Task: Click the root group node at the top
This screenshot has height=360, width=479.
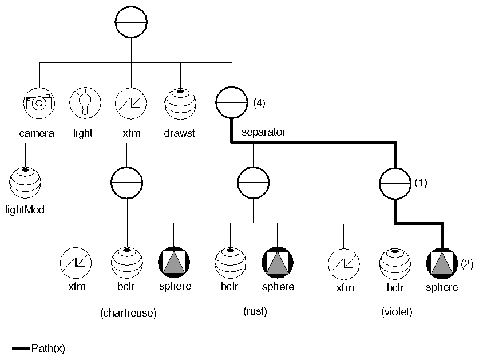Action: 131,22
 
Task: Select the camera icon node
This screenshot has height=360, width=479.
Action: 39,103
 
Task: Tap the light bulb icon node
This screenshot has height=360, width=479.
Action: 85,103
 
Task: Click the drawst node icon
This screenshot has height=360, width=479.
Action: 181,103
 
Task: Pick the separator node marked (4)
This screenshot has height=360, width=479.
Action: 231,103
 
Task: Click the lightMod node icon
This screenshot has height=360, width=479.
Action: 26,183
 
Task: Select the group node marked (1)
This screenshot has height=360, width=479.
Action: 395,183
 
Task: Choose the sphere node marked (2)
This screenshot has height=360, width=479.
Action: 442,264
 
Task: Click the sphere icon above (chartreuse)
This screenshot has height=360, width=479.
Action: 174,264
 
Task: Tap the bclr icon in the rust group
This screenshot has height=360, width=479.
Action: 230,264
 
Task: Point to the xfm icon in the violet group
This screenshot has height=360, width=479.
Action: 343,264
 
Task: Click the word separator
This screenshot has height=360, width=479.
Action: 263,133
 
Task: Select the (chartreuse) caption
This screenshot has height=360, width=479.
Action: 128,313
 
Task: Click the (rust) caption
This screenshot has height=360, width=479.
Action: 255,311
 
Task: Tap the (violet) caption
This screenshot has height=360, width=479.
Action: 397,312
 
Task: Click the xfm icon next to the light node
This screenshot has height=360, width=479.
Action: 131,103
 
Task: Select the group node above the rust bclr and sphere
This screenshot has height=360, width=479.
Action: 253,183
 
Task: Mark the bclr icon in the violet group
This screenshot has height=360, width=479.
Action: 395,264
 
